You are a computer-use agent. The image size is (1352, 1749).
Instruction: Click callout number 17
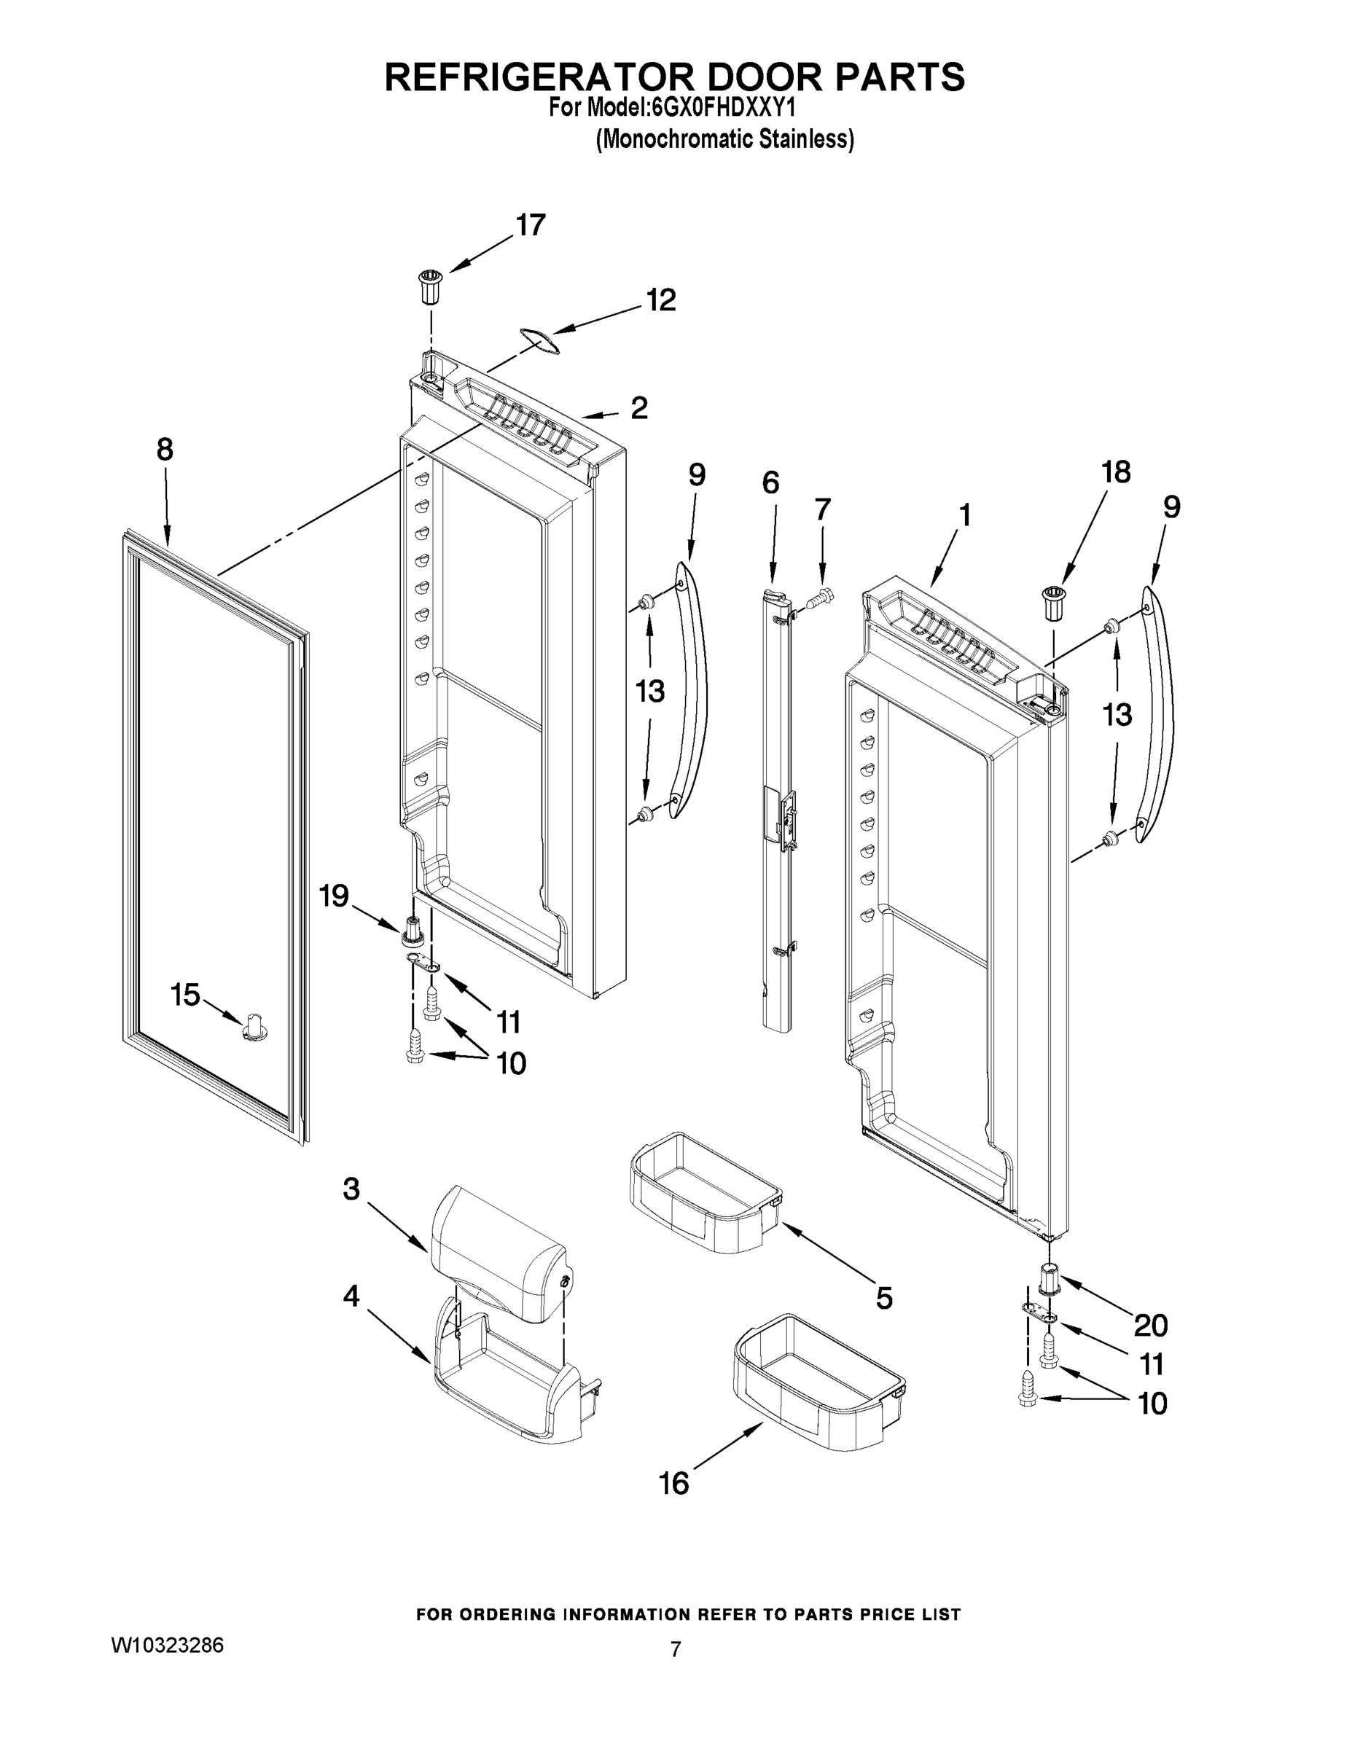click(x=530, y=226)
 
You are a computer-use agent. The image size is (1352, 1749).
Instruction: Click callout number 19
click(x=334, y=896)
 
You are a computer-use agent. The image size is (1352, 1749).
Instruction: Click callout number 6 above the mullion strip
click(x=770, y=482)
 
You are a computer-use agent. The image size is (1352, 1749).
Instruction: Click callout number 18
click(x=1116, y=472)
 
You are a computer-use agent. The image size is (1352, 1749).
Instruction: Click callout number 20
click(x=1150, y=1326)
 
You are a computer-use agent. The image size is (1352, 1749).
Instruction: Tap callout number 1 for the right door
click(x=965, y=515)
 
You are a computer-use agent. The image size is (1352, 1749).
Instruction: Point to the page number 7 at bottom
click(x=675, y=1649)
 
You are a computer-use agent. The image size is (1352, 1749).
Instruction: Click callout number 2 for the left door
click(x=638, y=408)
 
